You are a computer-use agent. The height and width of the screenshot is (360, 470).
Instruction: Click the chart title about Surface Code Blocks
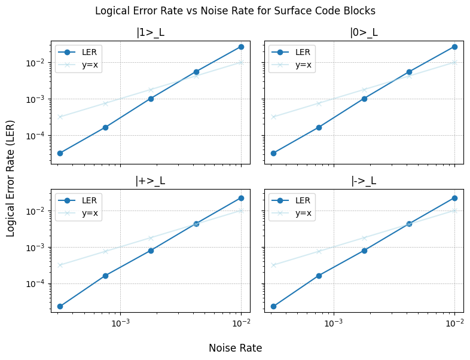click(235, 11)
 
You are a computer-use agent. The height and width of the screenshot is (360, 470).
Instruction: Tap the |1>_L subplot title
click(150, 33)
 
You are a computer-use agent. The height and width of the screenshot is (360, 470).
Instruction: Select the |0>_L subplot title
click(364, 33)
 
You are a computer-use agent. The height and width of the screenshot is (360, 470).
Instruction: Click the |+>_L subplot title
click(150, 181)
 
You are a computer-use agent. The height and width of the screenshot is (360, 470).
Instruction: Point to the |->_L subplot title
click(364, 181)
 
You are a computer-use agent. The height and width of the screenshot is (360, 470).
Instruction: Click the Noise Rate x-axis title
click(235, 348)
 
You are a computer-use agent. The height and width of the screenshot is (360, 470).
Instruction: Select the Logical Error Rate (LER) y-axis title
click(11, 176)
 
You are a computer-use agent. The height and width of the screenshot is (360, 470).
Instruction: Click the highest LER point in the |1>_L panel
click(241, 47)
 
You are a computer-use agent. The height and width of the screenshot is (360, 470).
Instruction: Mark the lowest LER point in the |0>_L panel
click(273, 153)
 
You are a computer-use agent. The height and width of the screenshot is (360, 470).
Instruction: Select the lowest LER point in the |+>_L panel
click(60, 306)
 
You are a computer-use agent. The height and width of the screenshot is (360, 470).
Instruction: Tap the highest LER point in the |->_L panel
click(454, 198)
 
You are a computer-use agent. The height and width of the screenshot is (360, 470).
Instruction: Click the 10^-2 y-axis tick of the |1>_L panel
click(36, 63)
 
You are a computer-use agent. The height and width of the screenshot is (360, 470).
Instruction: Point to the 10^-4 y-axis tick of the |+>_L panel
click(36, 284)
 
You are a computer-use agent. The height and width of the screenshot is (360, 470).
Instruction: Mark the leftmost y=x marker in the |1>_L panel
click(60, 117)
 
